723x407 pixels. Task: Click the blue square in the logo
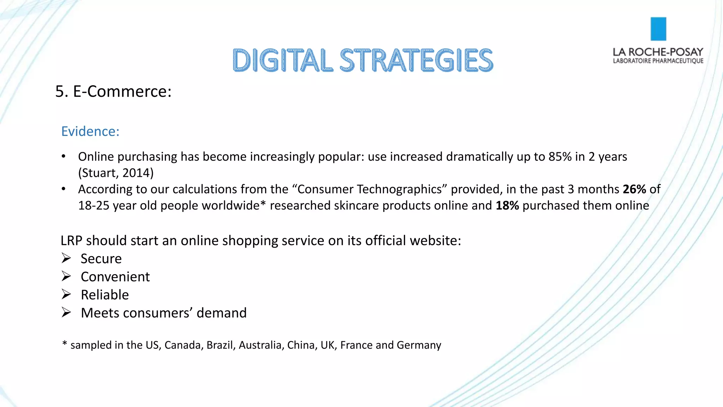click(x=658, y=29)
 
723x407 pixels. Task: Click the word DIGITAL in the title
click(x=282, y=60)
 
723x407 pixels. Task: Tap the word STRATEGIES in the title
click(x=416, y=60)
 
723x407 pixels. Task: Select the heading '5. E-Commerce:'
click(x=113, y=92)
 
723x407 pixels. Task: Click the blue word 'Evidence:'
click(x=90, y=131)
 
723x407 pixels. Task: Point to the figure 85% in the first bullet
click(x=560, y=157)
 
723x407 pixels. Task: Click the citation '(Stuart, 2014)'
click(x=116, y=173)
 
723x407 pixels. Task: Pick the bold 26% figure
click(x=634, y=189)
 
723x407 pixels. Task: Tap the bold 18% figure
click(x=507, y=206)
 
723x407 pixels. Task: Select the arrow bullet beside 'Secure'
click(x=66, y=258)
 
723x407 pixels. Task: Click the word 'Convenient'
click(x=115, y=277)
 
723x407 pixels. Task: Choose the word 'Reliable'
click(x=105, y=295)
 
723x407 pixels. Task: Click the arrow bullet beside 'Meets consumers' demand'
click(x=66, y=313)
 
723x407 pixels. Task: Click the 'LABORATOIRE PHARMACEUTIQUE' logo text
click(x=658, y=61)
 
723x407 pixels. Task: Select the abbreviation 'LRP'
click(x=71, y=241)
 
